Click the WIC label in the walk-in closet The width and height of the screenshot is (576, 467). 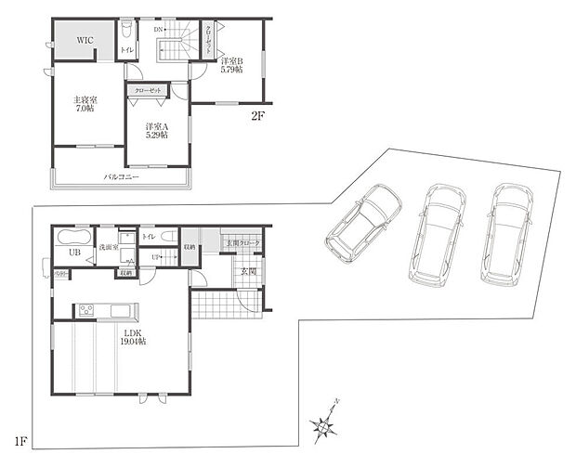[85, 41]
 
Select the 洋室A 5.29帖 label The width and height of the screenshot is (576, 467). [155, 131]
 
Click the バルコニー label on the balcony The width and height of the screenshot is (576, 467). [121, 175]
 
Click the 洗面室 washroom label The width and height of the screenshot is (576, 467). [109, 249]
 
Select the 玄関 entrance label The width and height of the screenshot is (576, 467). [248, 271]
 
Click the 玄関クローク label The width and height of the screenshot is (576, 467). [243, 243]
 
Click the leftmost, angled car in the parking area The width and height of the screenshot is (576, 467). [362, 221]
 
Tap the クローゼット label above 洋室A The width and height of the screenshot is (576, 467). [149, 90]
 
